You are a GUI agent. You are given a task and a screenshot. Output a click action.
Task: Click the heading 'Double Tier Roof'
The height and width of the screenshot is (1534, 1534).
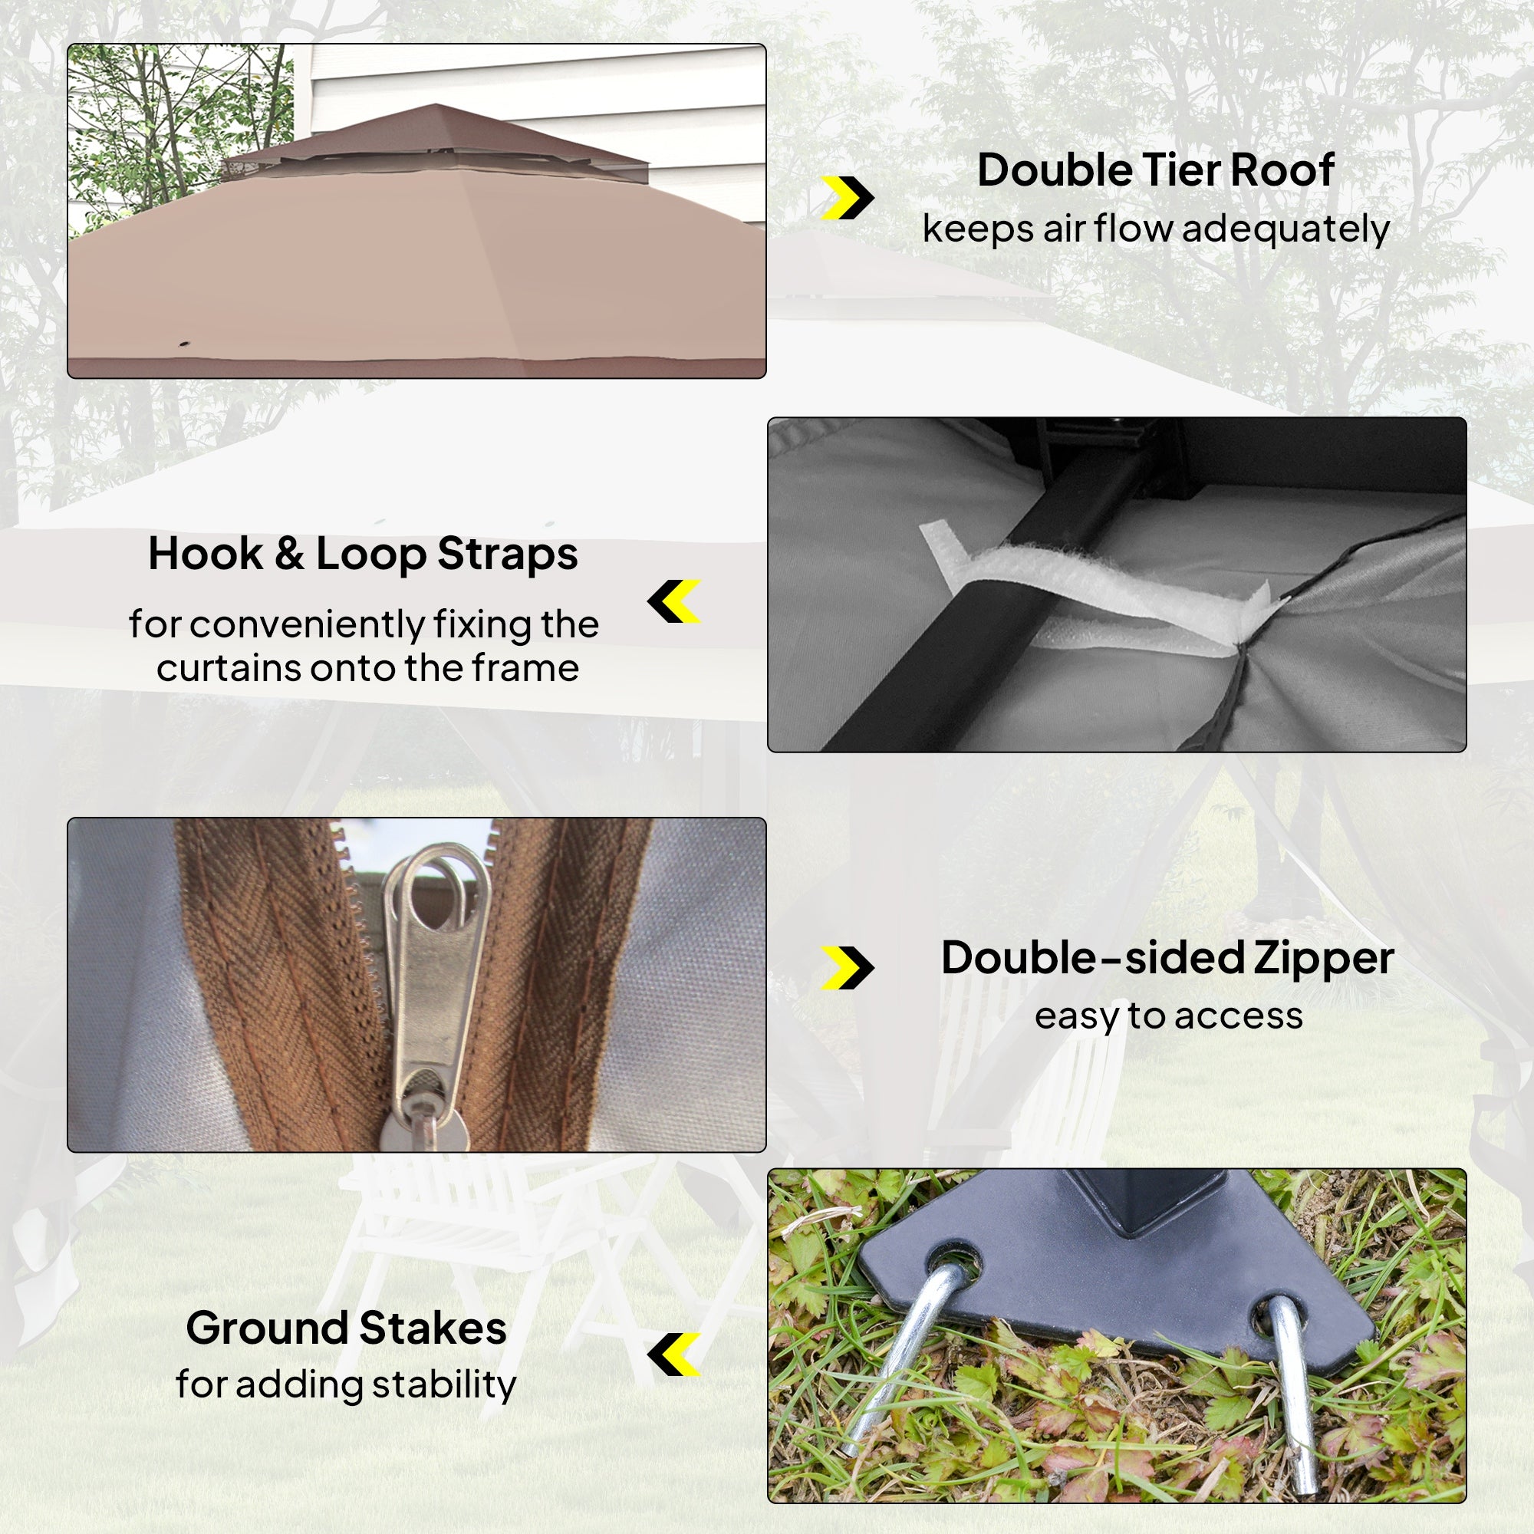coord(1155,170)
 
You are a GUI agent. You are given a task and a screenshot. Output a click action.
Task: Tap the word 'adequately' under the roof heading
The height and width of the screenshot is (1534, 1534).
coord(1285,229)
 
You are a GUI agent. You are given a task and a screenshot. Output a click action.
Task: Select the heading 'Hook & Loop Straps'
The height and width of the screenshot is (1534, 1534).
coord(363,555)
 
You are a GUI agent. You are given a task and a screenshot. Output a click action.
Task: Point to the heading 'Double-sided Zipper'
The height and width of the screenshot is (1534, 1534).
coord(1167,957)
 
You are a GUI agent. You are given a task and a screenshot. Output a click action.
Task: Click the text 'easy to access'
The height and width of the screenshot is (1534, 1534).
coord(1169,1016)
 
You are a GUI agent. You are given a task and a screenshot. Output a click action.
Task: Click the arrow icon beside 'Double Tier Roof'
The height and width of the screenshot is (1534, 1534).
coord(848,198)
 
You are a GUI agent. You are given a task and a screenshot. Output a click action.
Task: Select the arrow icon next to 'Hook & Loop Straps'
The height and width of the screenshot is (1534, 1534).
coord(674,601)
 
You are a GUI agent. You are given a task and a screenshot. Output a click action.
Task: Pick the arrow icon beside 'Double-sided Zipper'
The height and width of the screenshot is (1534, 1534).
coord(848,968)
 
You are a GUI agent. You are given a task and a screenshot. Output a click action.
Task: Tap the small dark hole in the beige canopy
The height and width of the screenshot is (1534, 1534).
coord(185,344)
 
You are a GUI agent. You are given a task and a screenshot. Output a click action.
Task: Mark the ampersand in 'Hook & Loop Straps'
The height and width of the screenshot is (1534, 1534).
coord(290,555)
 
